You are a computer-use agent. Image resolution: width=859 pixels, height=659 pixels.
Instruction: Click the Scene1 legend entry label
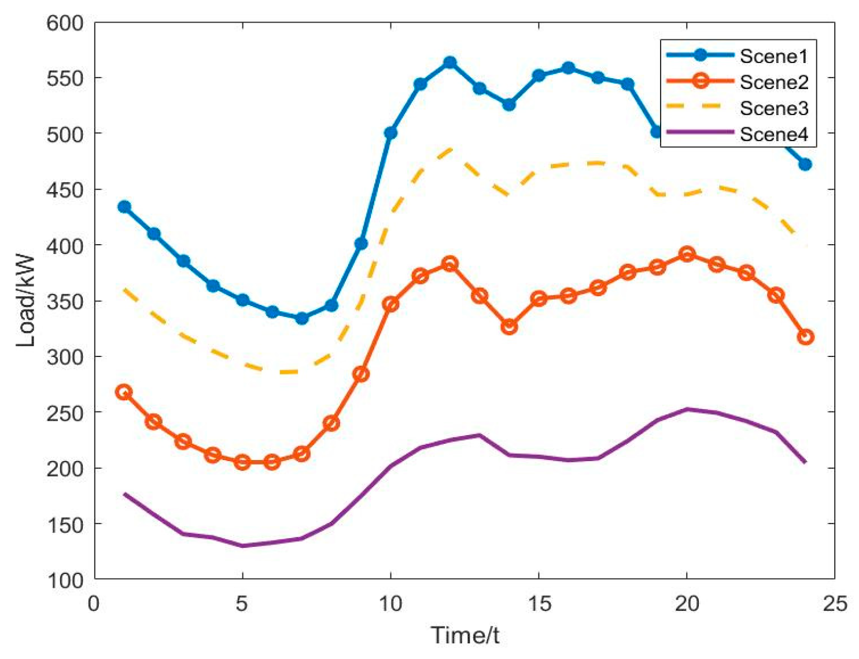773,56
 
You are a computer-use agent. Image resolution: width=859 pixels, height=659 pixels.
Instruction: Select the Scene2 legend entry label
773,82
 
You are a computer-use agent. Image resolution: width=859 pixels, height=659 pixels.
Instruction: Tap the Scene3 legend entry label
773,108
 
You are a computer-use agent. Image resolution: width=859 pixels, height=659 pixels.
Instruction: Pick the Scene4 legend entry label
773,134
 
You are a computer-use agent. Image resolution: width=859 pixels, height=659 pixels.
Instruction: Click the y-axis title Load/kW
26,301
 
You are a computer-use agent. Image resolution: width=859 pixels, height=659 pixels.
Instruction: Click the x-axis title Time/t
465,635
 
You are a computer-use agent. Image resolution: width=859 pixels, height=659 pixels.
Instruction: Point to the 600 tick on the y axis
65,23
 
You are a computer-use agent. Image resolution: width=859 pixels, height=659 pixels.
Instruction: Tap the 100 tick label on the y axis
65,580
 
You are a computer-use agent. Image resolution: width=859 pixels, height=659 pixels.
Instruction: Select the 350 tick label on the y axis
65,301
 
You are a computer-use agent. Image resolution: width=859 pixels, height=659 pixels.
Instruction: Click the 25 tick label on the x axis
834,604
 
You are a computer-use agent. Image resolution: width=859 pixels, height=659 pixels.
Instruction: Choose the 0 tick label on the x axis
94,604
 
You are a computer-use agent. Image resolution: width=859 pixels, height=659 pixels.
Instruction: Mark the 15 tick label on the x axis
539,604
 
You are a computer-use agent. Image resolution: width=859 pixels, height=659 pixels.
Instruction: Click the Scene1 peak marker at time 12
449,62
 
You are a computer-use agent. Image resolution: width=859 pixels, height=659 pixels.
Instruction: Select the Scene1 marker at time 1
124,207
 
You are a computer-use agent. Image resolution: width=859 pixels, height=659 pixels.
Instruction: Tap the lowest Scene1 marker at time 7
301,318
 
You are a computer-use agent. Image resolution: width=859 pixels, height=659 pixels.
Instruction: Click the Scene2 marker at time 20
687,254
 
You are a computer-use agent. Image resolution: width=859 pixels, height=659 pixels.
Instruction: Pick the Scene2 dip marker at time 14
509,327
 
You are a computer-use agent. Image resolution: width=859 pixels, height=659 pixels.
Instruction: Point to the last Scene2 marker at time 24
805,337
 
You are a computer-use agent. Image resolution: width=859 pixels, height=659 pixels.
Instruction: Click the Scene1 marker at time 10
390,133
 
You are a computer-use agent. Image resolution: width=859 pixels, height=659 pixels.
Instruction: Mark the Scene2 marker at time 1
124,392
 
